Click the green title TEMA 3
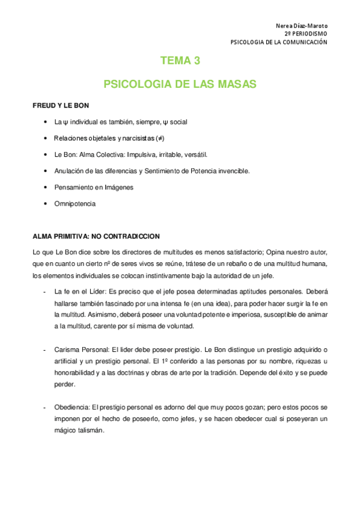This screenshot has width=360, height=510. click(180, 60)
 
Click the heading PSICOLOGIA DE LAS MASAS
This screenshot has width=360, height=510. click(180, 84)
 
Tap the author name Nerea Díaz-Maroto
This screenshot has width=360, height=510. click(301, 26)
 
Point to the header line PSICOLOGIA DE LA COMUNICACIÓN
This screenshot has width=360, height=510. click(279, 43)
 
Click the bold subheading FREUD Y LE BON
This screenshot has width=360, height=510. click(61, 105)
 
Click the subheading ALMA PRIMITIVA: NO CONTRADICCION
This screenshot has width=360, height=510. click(96, 236)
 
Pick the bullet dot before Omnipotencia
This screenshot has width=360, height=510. click(46, 204)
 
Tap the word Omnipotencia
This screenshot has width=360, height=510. click(75, 204)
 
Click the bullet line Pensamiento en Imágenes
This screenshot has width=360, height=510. click(93, 187)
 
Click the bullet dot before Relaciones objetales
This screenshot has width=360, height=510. click(46, 138)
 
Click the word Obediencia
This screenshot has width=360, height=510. click(72, 407)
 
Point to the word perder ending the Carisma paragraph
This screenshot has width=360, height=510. click(64, 384)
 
